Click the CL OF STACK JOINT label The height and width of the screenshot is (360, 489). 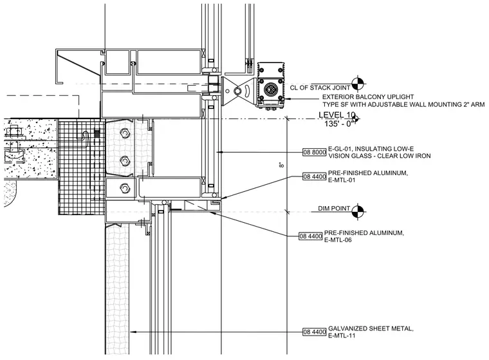coord(320,88)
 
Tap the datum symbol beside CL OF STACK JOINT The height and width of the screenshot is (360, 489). coord(358,84)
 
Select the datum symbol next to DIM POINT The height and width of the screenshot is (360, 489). coord(358,212)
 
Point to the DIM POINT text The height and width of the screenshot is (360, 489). coord(334,208)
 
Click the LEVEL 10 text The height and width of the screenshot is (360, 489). coord(337,115)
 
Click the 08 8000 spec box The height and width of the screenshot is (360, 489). coord(315,153)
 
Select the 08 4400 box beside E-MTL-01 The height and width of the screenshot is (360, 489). coord(315,176)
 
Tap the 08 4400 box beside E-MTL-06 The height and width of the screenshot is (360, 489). coord(311,236)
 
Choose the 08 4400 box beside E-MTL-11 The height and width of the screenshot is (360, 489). coord(315,332)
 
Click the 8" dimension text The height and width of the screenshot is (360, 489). coord(282,165)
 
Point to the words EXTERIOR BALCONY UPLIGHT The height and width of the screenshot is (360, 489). coord(368,97)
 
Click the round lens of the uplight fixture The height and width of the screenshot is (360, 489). coord(270,90)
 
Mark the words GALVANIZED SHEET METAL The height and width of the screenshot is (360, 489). coord(371,328)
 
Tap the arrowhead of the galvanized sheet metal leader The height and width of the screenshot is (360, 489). coord(133,332)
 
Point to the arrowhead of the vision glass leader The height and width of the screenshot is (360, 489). coord(219,152)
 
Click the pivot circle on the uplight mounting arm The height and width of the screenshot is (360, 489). coord(238,91)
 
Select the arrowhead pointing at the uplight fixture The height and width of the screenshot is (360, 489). coord(288,99)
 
